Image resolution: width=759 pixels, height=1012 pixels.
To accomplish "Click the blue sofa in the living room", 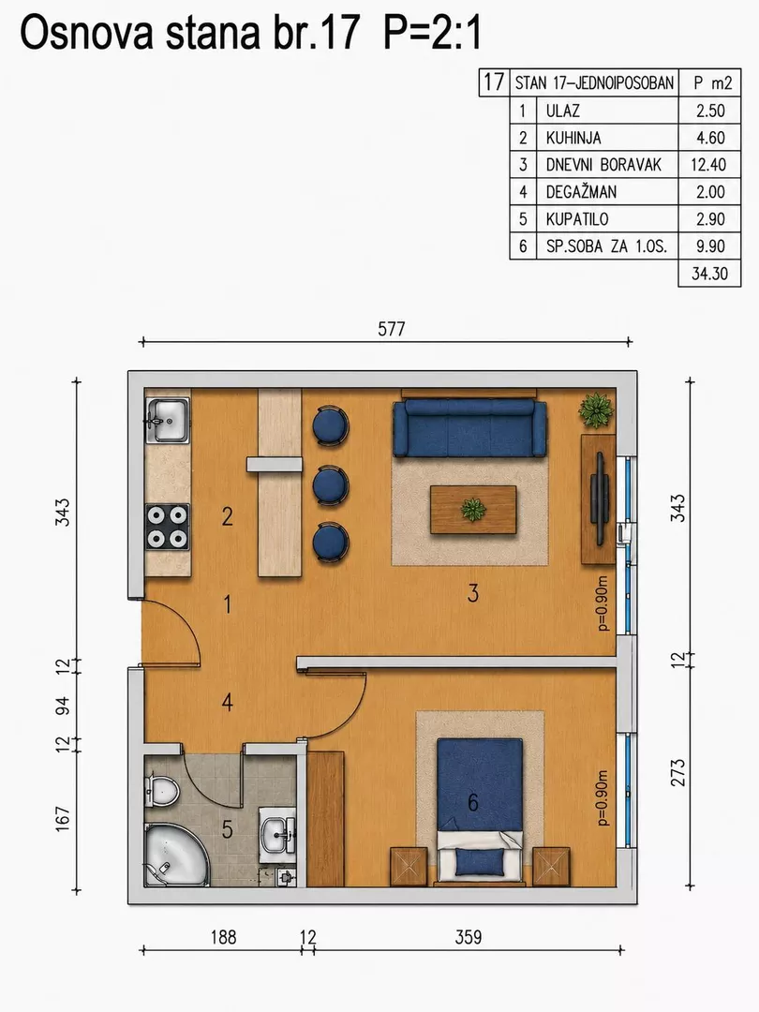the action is (470, 428).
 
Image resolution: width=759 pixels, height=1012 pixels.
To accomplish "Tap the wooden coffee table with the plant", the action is (474, 510).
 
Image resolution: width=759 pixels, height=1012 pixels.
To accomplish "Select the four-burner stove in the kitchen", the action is (168, 527).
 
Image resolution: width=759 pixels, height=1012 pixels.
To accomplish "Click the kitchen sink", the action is (168, 420).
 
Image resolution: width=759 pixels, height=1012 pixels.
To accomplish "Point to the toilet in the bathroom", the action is (161, 790).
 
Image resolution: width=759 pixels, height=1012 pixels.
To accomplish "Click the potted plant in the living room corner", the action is (596, 409).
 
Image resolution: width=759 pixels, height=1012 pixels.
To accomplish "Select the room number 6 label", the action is (473, 802).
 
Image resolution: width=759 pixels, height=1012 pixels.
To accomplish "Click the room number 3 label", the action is (473, 593).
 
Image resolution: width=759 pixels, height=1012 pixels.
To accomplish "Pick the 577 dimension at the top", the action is (391, 329).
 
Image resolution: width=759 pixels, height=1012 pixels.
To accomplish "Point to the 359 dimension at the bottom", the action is (468, 937).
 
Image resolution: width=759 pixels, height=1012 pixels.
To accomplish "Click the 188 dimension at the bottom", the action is (223, 937).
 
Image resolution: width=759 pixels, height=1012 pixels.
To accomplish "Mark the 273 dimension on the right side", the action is (678, 772).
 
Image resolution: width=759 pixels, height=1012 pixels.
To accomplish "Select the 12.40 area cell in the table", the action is (708, 165).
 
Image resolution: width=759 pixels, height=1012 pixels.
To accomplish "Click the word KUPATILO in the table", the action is (577, 218).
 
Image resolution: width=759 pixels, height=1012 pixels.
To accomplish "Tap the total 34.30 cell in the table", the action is (710, 273).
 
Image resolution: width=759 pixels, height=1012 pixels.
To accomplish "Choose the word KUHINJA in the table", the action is (573, 138).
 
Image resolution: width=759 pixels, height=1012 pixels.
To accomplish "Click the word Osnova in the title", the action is (87, 33).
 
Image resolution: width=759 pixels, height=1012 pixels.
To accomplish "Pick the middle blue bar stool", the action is (331, 485).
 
